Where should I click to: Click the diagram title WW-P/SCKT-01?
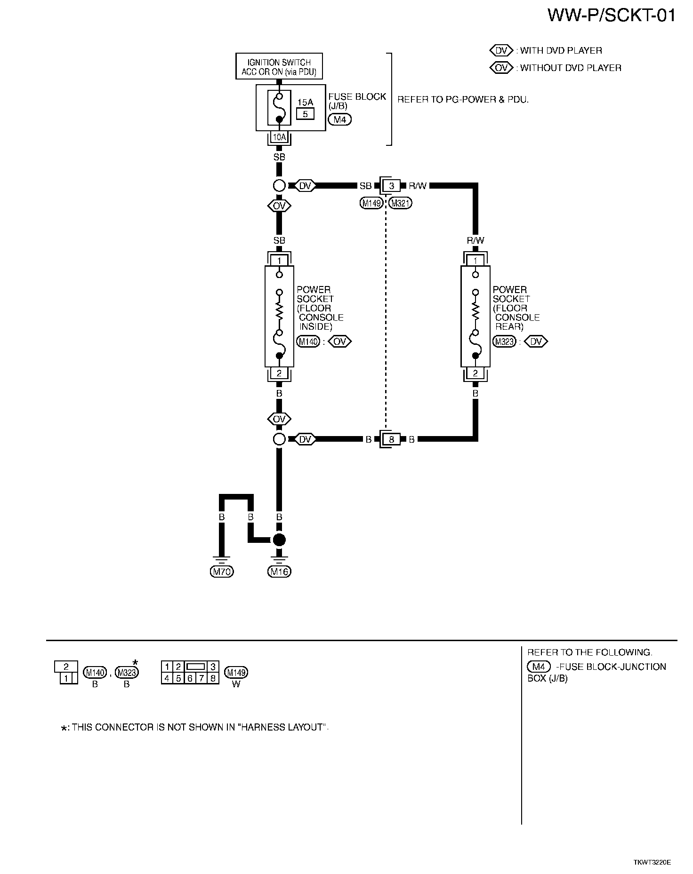point(611,16)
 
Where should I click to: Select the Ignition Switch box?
point(279,66)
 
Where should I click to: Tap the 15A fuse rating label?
point(305,102)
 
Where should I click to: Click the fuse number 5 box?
point(305,114)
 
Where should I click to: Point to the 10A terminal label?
point(279,137)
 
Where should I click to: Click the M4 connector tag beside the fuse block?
point(339,119)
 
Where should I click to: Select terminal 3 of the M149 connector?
point(391,186)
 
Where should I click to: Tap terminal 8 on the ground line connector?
point(391,439)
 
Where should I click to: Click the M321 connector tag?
point(400,203)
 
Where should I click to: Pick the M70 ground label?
point(222,572)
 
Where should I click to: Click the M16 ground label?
point(279,572)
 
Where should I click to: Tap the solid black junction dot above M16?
point(279,540)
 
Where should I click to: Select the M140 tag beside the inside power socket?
point(308,342)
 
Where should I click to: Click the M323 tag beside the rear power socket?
point(504,342)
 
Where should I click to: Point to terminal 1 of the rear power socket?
point(475,261)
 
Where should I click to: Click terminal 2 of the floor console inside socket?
point(279,373)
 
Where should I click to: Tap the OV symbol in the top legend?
point(501,68)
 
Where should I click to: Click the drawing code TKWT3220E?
point(652,862)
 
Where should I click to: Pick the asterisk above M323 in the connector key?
point(135,662)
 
